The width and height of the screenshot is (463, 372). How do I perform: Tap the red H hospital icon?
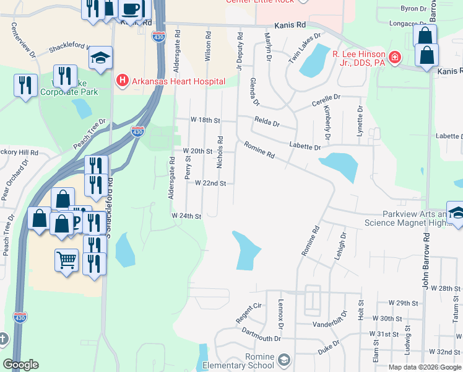(x=122, y=81)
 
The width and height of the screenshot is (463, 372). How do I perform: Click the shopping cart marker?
(x=66, y=259)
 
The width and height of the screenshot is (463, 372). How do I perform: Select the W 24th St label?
(x=187, y=216)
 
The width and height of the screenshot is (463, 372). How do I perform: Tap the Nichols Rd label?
(x=220, y=153)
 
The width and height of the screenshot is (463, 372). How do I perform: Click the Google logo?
(x=20, y=365)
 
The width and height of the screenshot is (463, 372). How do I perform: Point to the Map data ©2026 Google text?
(x=425, y=367)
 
